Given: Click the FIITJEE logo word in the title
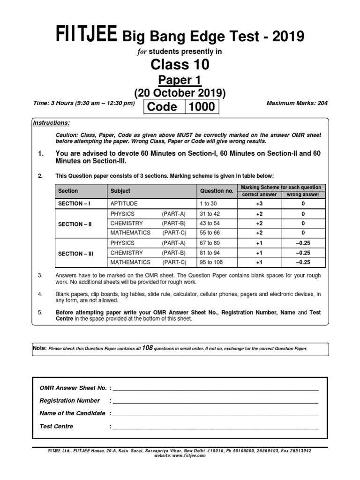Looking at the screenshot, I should coord(87,36).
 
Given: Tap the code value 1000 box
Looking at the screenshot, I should coord(202,107).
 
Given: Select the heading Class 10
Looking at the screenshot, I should coord(180,64).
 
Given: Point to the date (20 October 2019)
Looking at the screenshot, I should coord(180,93).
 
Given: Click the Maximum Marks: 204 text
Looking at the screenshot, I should coord(296,103).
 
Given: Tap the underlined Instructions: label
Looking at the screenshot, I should coord(52,123).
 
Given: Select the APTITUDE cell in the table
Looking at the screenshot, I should coord(124,204).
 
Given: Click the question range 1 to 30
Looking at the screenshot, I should coord(209,204).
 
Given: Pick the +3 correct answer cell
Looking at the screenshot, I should coord(259,204).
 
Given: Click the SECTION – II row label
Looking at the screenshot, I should coord(75,224).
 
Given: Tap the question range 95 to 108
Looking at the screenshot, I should coord(210,262).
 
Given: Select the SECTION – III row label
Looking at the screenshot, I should coord(75,253).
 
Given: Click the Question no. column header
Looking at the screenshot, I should coord(216,191).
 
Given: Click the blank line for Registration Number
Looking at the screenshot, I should coord(215,401).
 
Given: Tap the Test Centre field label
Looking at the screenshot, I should coord(56,427).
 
